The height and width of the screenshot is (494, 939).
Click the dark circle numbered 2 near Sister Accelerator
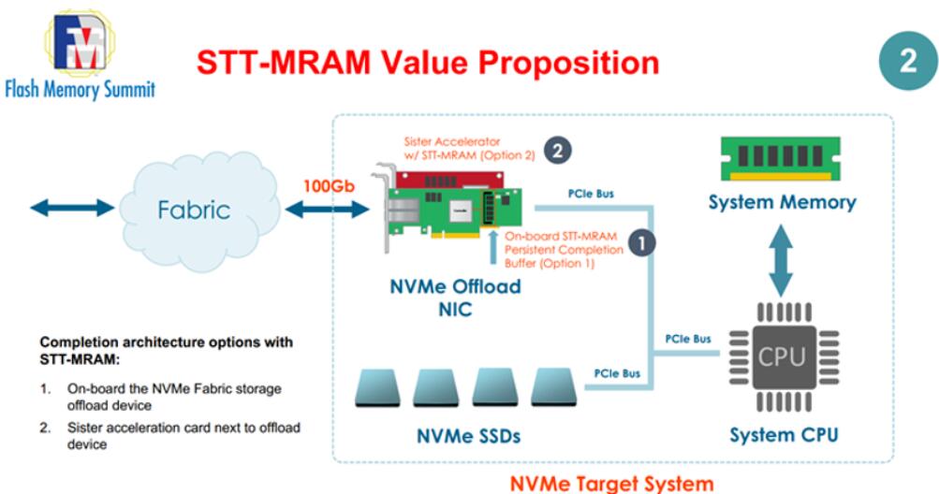pos(558,149)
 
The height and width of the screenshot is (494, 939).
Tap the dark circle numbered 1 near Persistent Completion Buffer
pos(641,242)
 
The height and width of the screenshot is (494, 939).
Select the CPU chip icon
pos(781,356)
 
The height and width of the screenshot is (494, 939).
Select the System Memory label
pos(782,202)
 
